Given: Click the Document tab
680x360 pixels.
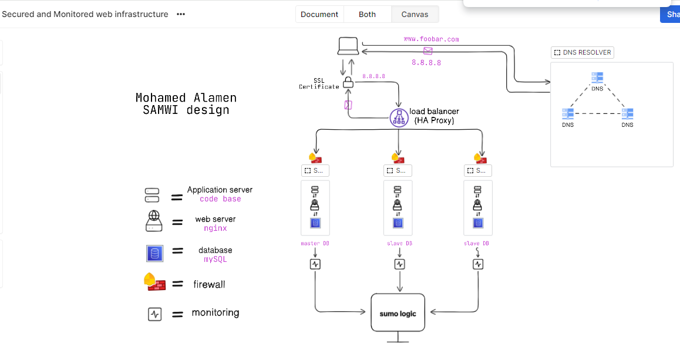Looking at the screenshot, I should coord(319,14).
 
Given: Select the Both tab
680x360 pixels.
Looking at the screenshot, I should coord(367,14).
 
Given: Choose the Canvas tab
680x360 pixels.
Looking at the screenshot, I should coord(415,14).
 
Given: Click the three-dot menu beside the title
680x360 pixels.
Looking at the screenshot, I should coord(181,14).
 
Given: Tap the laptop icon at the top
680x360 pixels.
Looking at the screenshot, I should coord(348,46).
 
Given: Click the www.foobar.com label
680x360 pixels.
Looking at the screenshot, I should coord(431,39).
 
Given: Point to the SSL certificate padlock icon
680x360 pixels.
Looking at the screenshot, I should coord(348,82).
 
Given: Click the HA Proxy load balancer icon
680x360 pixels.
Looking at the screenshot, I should coord(399,117).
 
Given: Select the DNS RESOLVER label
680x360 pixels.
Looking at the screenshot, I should coord(583,52).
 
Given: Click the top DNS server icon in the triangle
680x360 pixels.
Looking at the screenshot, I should coord(597,78).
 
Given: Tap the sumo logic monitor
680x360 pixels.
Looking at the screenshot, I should coord(398,314).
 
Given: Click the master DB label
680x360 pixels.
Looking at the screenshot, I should coord(315,243).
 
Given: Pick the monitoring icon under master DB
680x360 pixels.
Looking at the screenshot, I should coord(315,264).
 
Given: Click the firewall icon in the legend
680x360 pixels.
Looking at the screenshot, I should coord(154,282).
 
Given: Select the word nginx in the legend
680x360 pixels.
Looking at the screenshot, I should coord(216,228).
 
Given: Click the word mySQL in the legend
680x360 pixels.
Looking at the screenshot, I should coord(215,259).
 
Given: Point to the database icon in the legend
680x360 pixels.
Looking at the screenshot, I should coord(154,253).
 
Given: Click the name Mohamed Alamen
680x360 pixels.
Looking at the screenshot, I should coord(186,98).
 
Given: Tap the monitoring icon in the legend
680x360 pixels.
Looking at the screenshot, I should coord(154,314).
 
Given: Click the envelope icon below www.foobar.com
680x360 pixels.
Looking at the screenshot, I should coord(427,51).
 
